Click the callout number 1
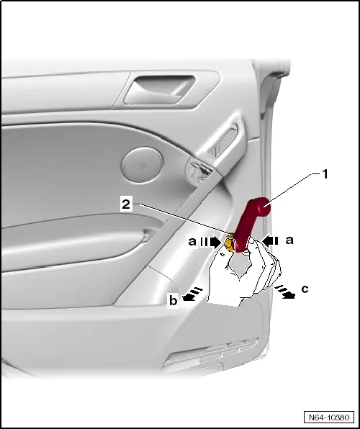325,174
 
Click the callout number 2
126,204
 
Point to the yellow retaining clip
230,243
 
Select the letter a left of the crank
192,241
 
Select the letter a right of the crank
289,240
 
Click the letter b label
173,300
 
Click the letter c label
305,289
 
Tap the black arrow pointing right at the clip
210,242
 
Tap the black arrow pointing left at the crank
270,240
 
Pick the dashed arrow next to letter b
192,294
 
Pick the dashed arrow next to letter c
285,291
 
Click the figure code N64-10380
329,417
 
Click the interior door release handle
159,90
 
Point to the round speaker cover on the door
142,164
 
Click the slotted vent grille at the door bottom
211,355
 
